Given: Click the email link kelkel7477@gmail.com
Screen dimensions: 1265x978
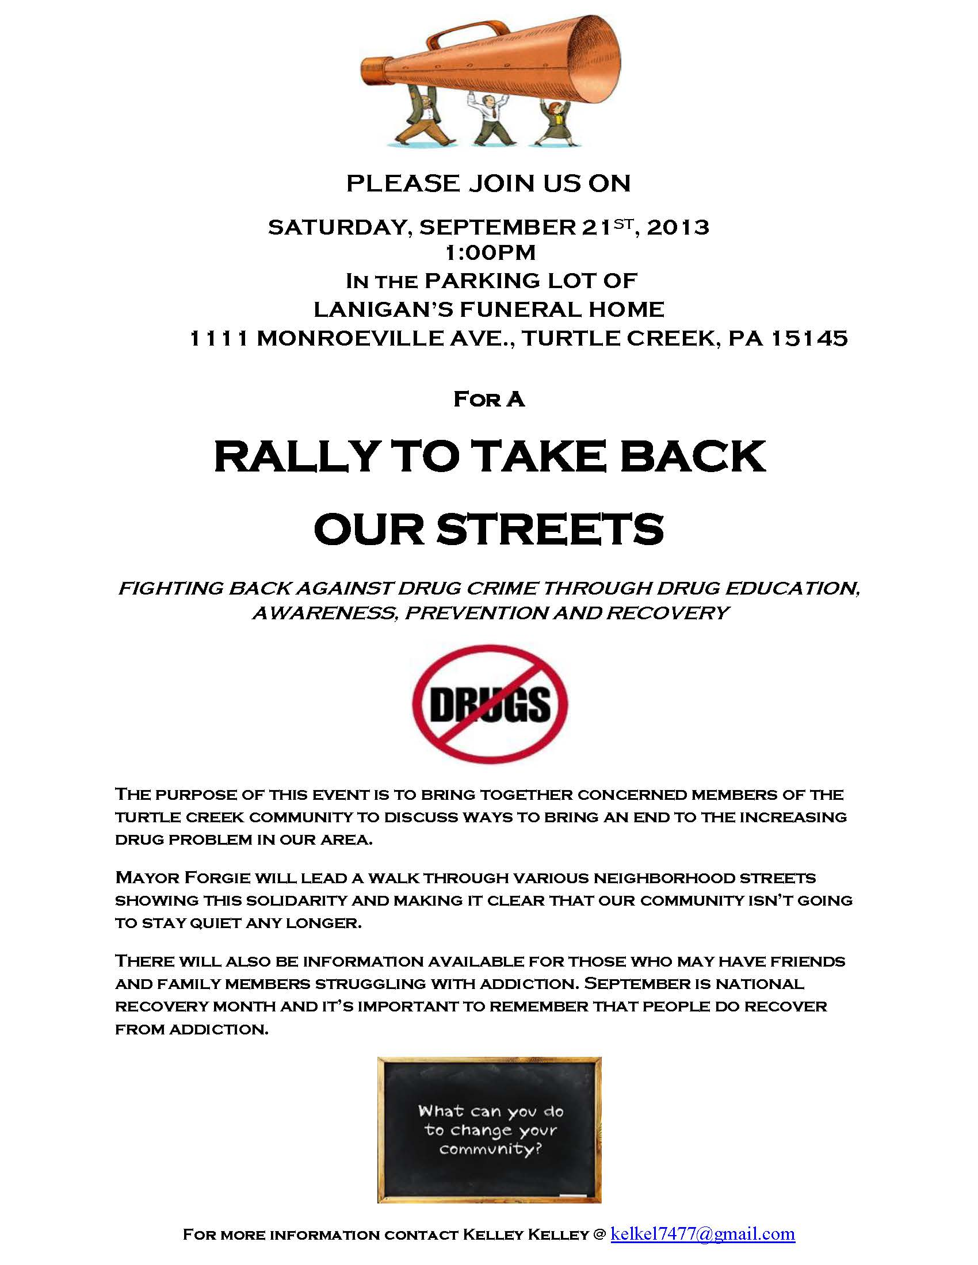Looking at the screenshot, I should point(702,1234).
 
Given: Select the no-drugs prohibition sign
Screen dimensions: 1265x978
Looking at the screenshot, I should point(490,703).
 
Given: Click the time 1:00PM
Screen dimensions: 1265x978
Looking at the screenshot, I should point(490,253).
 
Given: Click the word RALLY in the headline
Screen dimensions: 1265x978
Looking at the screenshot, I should point(296,457).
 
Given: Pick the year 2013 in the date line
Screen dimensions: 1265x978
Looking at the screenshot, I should point(678,227).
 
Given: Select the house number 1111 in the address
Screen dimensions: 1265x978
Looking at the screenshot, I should point(219,338).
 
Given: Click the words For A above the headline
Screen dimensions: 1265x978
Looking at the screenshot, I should point(489,399).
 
